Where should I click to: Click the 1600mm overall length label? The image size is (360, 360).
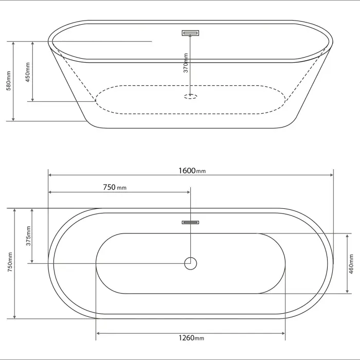(192, 171)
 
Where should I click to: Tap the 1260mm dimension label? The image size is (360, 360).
(191, 338)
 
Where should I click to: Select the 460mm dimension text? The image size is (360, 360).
(351, 264)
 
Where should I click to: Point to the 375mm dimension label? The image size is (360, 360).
(28, 236)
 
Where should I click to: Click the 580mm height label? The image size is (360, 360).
(9, 81)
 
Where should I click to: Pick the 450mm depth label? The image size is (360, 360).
(28, 72)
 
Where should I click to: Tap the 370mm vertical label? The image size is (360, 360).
(186, 63)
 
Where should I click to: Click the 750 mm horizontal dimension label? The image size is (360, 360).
(115, 187)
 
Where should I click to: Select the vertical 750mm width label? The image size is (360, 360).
(10, 262)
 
